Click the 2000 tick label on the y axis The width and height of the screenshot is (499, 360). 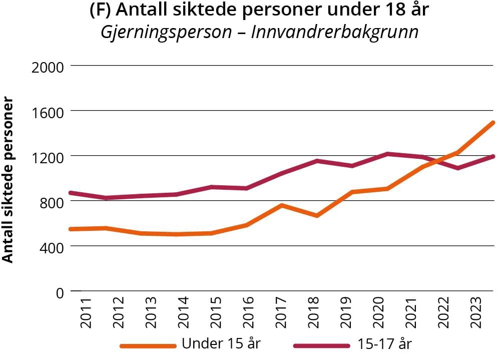pyautogui.click(x=48, y=67)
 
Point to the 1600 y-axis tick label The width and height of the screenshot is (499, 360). pyautogui.click(x=48, y=112)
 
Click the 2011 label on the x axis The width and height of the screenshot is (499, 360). pyautogui.click(x=86, y=313)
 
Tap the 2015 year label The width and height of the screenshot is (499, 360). pyautogui.click(x=216, y=313)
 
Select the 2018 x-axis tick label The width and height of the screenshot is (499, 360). pyautogui.click(x=314, y=313)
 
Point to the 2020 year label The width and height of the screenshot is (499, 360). pyautogui.click(x=378, y=313)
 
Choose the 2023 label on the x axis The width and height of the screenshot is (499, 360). pyautogui.click(x=476, y=313)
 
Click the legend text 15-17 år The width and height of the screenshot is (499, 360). pyautogui.click(x=385, y=344)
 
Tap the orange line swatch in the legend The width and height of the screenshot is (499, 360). pyautogui.click(x=148, y=345)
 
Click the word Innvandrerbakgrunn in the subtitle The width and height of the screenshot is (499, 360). pyautogui.click(x=334, y=32)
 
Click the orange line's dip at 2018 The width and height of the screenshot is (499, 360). pyautogui.click(x=317, y=215)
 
